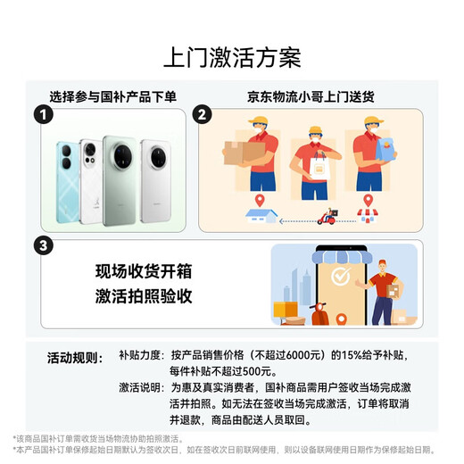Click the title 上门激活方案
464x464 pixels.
click(232, 57)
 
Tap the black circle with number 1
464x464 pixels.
click(39, 115)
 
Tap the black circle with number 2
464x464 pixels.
click(203, 115)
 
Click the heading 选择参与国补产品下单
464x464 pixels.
click(113, 95)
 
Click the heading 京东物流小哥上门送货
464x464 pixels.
click(308, 95)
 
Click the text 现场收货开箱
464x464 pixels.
click(144, 271)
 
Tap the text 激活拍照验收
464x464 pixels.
click(144, 295)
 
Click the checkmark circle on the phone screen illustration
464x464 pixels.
click(340, 277)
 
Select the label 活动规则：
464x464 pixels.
click(75, 356)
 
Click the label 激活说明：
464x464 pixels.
click(141, 388)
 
